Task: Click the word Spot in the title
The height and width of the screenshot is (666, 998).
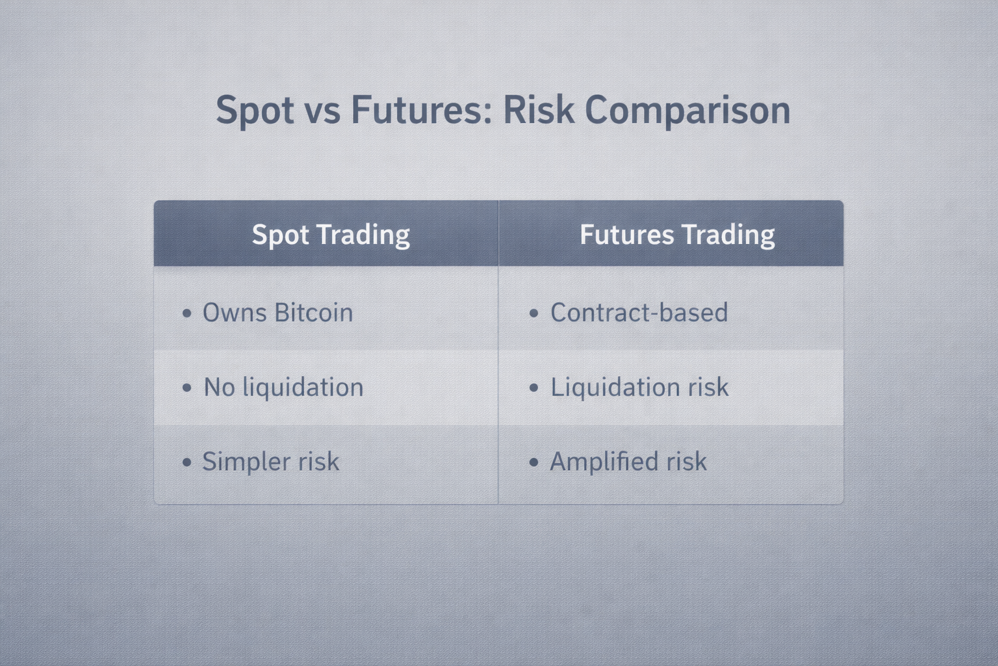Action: (x=255, y=111)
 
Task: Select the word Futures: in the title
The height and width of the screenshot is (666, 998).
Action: (x=422, y=110)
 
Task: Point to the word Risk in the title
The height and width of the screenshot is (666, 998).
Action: (x=538, y=110)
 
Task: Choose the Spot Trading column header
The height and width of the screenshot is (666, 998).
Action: (x=331, y=235)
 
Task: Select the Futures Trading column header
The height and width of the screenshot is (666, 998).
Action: (x=677, y=235)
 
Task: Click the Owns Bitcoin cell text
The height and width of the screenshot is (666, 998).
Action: (x=277, y=312)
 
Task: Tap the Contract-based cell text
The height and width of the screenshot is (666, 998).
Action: (x=639, y=312)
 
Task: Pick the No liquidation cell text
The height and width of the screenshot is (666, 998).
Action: (x=283, y=387)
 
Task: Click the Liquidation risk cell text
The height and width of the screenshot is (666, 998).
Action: (x=639, y=387)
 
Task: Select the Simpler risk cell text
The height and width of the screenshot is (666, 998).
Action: (x=271, y=461)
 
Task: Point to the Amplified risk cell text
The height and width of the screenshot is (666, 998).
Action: (x=628, y=461)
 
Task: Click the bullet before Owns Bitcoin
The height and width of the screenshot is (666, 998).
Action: (x=187, y=313)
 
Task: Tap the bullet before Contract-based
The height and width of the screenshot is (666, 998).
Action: (x=533, y=313)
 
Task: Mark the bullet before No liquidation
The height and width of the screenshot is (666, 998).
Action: (x=187, y=388)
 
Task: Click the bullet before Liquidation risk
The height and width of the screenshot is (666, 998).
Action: (x=533, y=388)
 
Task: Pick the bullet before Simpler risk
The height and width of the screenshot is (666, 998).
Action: (x=187, y=462)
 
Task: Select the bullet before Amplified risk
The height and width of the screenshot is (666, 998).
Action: (x=533, y=462)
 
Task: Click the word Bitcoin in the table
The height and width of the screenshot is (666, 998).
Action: (x=314, y=312)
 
